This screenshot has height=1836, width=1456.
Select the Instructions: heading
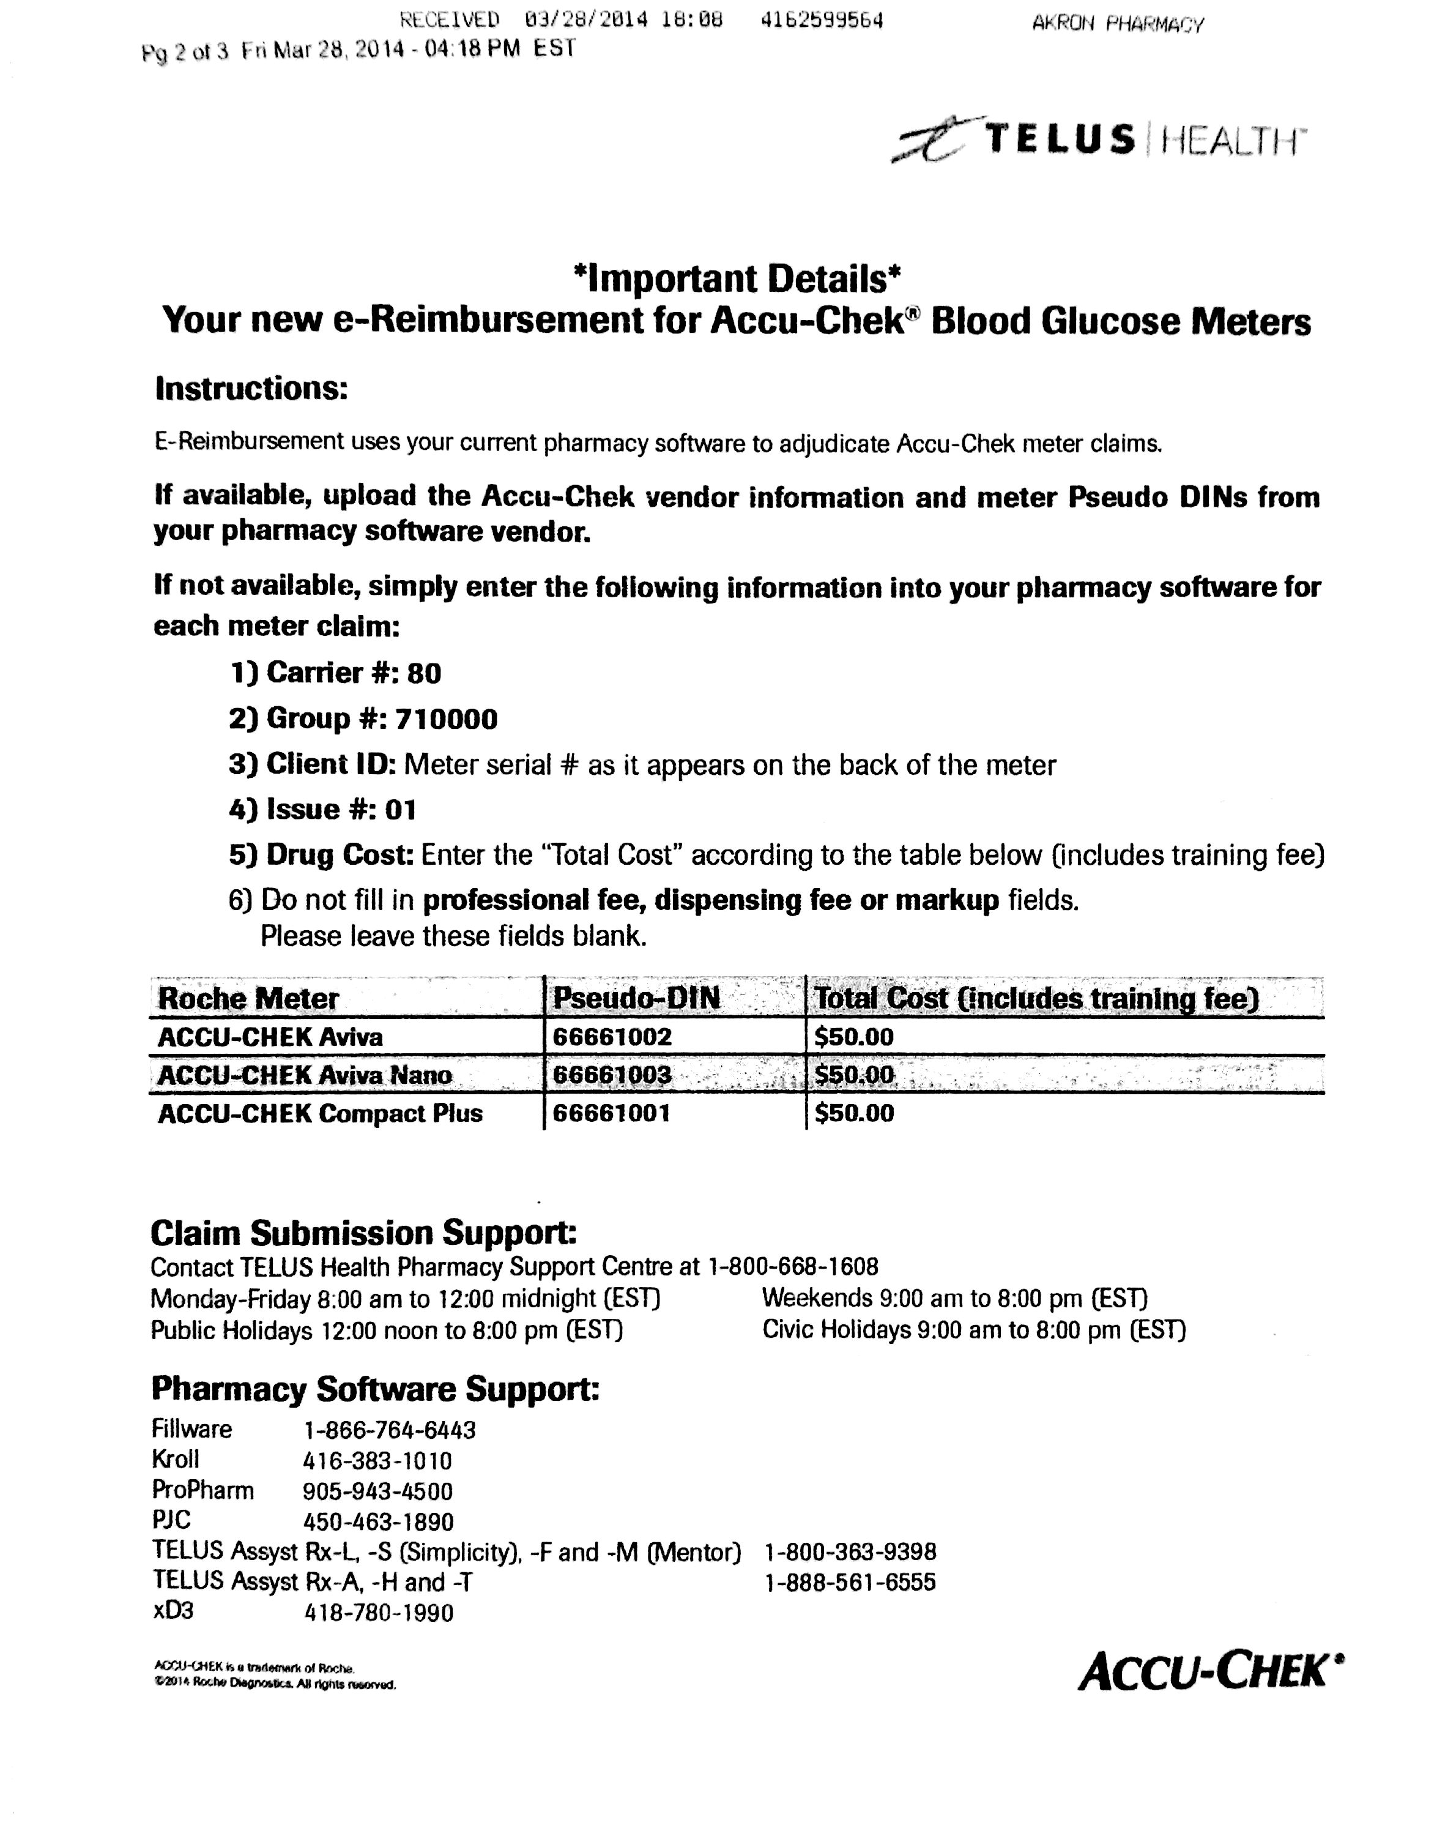251,389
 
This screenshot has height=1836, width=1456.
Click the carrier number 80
423,674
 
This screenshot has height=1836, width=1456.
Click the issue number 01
399,809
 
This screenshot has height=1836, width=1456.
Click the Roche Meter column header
248,998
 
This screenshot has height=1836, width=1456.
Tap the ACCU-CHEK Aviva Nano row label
304,1075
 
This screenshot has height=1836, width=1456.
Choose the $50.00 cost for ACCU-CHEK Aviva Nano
853,1075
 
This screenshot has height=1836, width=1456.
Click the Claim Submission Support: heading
363,1232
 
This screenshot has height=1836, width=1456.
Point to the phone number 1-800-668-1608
793,1267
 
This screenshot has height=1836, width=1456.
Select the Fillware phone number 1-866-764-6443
389,1430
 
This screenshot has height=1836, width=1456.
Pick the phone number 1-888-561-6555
850,1582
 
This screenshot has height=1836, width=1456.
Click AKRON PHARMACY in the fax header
1117,24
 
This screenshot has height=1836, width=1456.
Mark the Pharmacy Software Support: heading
374,1388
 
